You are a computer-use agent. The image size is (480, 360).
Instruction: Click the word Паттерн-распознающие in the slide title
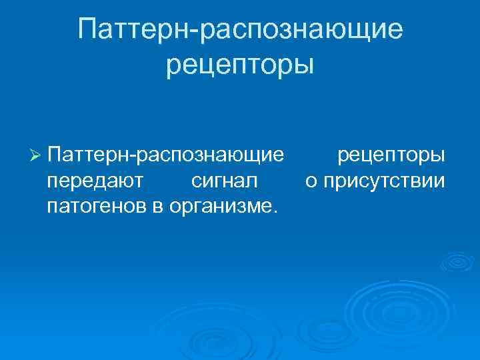(x=240, y=30)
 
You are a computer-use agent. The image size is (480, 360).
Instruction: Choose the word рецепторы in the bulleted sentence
(x=391, y=156)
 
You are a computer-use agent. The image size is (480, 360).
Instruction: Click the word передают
(x=92, y=181)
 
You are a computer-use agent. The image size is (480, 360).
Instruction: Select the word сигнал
(x=225, y=181)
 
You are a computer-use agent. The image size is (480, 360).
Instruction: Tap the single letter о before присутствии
(x=311, y=181)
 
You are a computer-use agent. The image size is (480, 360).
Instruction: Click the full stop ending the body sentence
(x=271, y=209)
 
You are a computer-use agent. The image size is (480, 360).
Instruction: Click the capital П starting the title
(x=88, y=29)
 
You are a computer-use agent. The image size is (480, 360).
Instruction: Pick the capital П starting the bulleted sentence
(x=55, y=155)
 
